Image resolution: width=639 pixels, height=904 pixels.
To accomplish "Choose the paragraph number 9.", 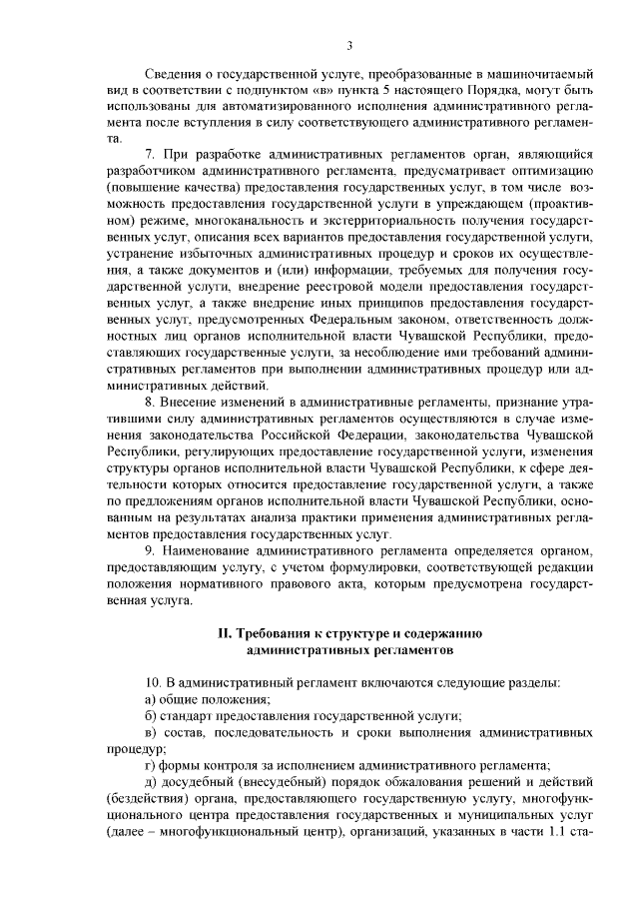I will point(150,551).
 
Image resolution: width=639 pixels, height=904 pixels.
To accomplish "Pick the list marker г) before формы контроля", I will point(151,763).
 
